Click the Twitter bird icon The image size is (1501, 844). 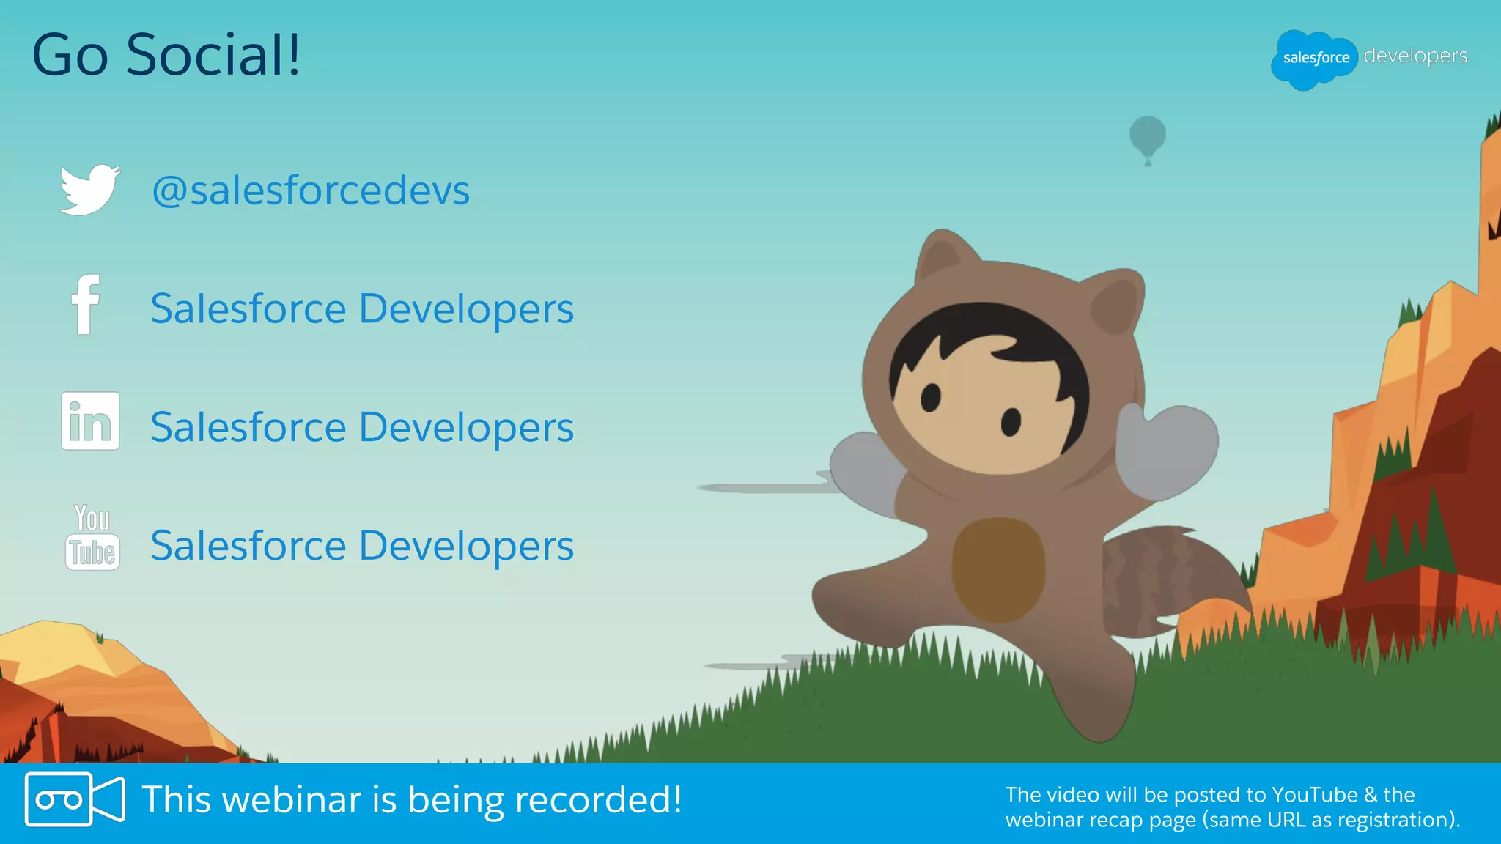[x=89, y=190]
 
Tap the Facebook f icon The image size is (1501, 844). [x=86, y=305]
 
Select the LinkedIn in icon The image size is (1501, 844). [x=90, y=421]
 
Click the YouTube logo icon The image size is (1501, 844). [x=92, y=538]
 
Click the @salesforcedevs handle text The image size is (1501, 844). [x=311, y=190]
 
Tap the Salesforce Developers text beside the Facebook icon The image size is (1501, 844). [x=362, y=308]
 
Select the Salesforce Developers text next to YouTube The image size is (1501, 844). [x=362, y=546]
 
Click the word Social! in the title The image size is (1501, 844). [x=213, y=56]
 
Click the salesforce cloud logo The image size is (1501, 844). [x=1314, y=59]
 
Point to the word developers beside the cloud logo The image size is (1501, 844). [x=1415, y=56]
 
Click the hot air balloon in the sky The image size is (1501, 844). [x=1147, y=137]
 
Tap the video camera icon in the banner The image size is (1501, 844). [x=74, y=799]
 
